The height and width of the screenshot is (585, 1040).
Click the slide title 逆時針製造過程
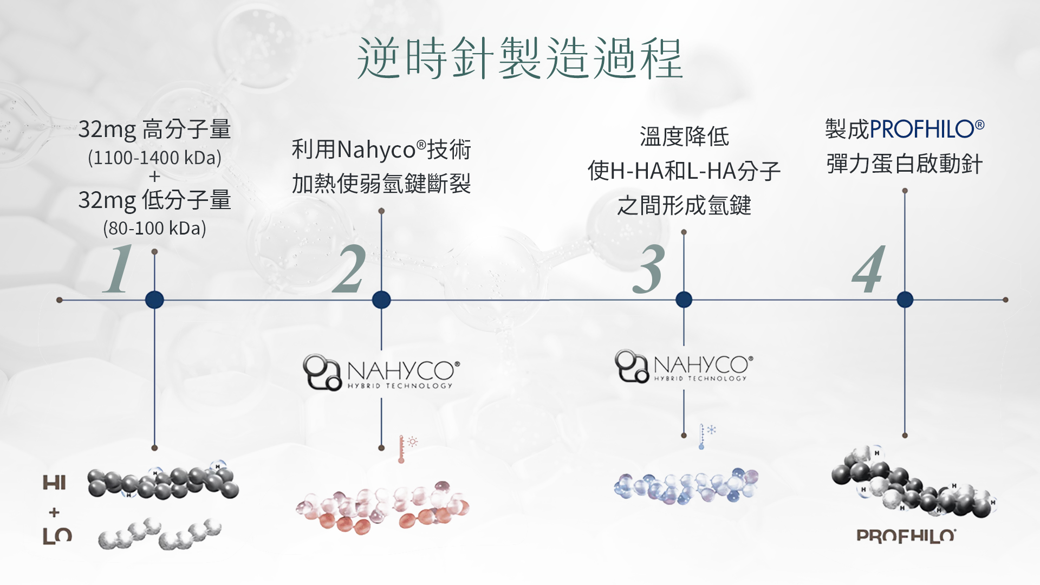point(519,58)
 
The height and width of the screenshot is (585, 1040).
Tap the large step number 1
point(119,269)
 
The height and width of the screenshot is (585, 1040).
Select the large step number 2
point(349,269)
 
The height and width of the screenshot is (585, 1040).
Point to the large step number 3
point(648,269)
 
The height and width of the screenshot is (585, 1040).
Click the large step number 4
point(869,269)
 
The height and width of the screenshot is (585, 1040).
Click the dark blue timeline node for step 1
point(154,300)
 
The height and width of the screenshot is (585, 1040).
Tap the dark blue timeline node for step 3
point(684,300)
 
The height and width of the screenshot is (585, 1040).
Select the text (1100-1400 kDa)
point(155,158)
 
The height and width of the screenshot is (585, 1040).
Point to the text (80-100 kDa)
point(155,228)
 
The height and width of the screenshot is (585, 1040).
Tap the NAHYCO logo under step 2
point(381,372)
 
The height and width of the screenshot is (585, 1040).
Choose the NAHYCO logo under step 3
point(684,366)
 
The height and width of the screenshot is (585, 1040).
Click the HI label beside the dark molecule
point(54,482)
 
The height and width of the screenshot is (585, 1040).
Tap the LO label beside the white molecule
point(57,536)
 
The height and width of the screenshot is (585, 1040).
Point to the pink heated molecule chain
point(382,507)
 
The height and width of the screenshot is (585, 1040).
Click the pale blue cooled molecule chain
point(686,486)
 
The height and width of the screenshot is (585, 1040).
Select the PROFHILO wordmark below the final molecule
point(906,536)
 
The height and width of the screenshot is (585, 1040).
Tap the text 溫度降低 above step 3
point(684,136)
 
